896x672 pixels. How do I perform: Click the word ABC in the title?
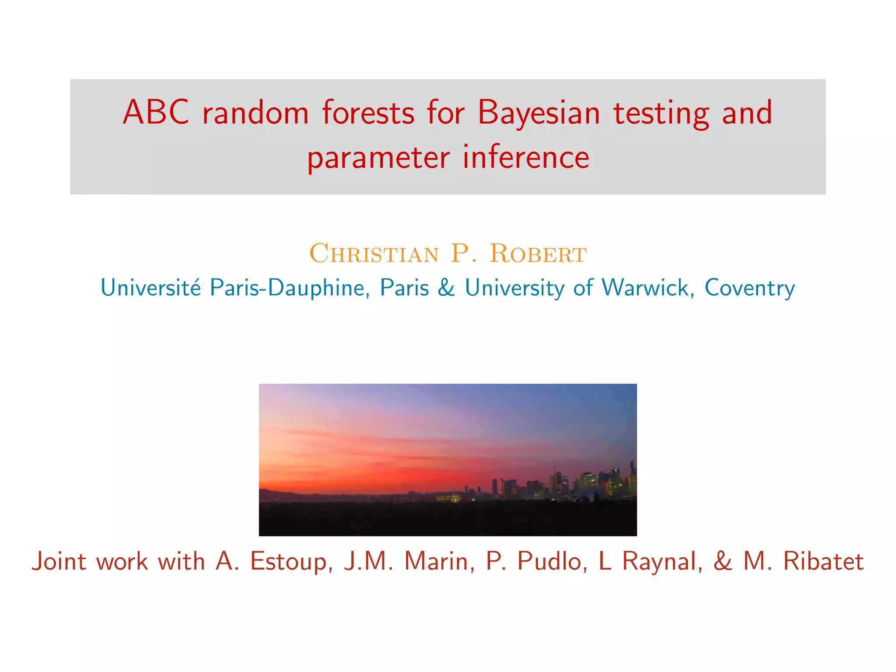[156, 112]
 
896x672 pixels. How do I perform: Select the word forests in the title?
[368, 112]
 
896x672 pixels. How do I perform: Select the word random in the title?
[255, 112]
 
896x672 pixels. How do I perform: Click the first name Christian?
[374, 253]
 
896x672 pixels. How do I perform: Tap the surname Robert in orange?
[538, 253]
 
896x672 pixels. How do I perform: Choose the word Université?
[150, 287]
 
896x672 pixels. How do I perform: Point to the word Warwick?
[647, 287]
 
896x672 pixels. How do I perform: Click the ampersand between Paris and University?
[446, 287]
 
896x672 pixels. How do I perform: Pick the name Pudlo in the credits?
[553, 562]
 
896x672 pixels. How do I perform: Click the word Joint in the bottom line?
[59, 561]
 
